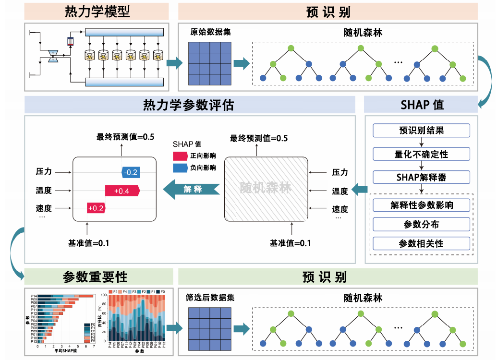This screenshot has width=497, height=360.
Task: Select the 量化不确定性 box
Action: (421, 154)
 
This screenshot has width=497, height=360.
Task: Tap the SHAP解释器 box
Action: (421, 177)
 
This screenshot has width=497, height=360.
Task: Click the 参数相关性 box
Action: (421, 243)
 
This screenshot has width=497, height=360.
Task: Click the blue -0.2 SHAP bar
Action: (130, 172)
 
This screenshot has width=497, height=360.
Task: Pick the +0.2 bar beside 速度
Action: (96, 208)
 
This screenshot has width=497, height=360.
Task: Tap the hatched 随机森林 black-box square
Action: (266, 188)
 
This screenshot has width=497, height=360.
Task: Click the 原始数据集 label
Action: (210, 32)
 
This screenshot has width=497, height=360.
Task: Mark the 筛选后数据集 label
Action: (210, 297)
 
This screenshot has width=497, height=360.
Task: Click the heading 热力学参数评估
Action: (189, 105)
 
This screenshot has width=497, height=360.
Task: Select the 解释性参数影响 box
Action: (421, 205)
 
